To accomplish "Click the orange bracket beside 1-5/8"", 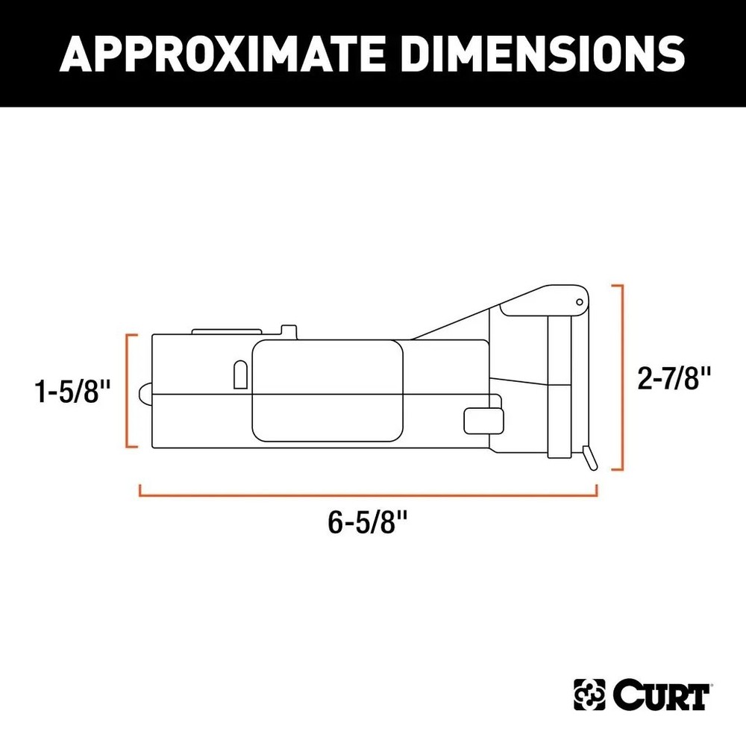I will pyautogui.click(x=129, y=391).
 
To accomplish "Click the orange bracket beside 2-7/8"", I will pyautogui.click(x=618, y=377).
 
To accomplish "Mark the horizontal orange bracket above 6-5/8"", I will pyautogui.click(x=368, y=492).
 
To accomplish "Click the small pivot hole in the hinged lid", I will pyautogui.click(x=578, y=301).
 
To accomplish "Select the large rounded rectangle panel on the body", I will pyautogui.click(x=328, y=391).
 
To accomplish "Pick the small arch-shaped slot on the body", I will pyautogui.click(x=240, y=375).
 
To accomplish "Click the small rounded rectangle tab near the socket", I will pyautogui.click(x=482, y=420).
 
